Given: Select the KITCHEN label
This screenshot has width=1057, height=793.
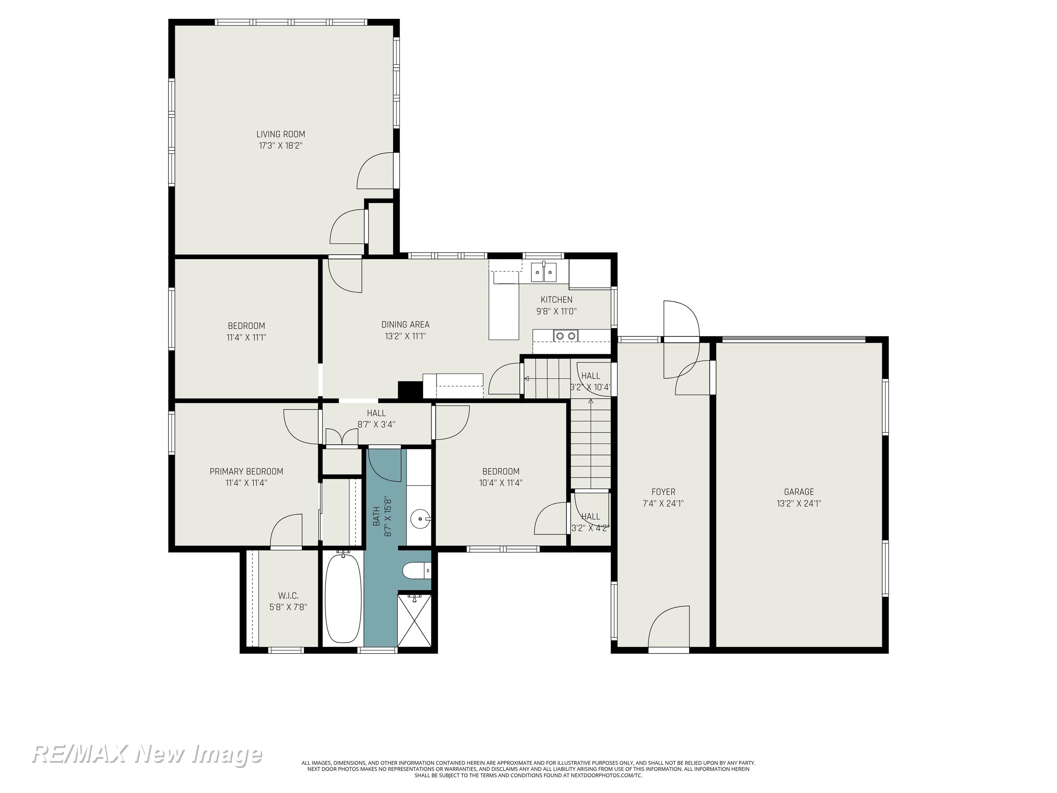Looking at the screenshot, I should pos(556,300).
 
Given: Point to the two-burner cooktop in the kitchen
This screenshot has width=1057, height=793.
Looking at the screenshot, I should pos(566,336).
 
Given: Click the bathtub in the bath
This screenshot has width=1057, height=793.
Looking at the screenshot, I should pos(343,599).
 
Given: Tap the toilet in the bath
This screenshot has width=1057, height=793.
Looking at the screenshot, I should pos(414,571).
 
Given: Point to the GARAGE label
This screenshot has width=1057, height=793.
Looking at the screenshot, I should pos(799,492).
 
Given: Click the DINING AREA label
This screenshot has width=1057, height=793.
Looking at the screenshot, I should pos(405,325).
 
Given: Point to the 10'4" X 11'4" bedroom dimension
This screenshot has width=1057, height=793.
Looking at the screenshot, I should pos(500,483).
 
